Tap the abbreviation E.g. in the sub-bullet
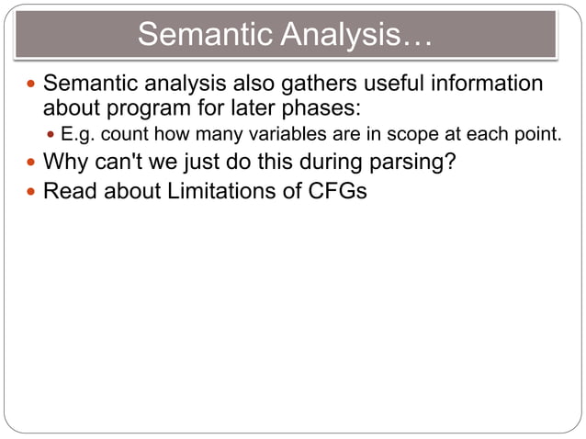[x=79, y=136]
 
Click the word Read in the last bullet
[x=67, y=193]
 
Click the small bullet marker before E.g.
[x=51, y=137]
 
